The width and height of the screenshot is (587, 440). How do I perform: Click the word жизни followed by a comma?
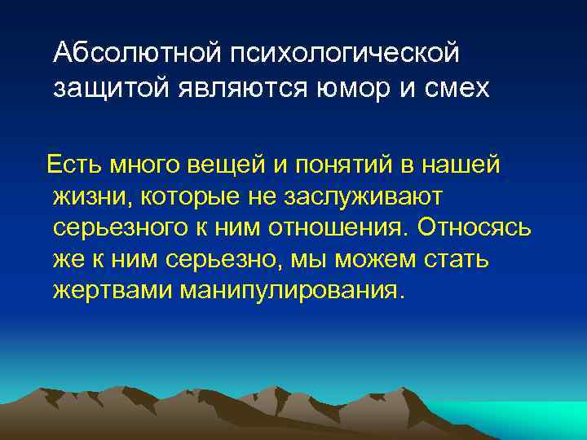coord(91,196)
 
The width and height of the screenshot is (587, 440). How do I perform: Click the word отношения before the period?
coord(350,227)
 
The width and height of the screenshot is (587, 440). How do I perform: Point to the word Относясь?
coord(474,227)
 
